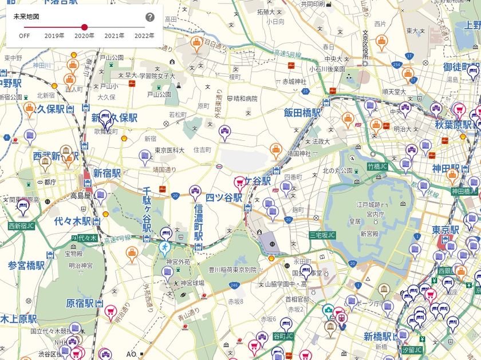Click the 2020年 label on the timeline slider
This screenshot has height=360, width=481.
[84, 35]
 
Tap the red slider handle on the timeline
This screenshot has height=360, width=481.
[84, 27]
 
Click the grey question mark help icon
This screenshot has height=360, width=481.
[150, 17]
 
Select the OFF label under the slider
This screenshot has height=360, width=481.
[24, 35]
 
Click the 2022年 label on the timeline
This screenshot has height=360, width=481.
[144, 35]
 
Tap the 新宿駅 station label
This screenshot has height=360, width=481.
[107, 173]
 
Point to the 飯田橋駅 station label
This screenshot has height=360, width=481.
[302, 113]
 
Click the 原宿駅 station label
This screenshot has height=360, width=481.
[80, 303]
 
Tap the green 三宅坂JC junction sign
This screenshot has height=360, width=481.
[322, 235]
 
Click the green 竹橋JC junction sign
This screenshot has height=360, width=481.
[378, 167]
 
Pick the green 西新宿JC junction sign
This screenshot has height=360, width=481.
[21, 226]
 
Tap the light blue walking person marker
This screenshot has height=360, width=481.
[165, 248]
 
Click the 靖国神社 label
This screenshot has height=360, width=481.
[298, 153]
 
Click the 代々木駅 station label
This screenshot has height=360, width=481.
[73, 221]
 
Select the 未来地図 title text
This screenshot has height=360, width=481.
[26, 17]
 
